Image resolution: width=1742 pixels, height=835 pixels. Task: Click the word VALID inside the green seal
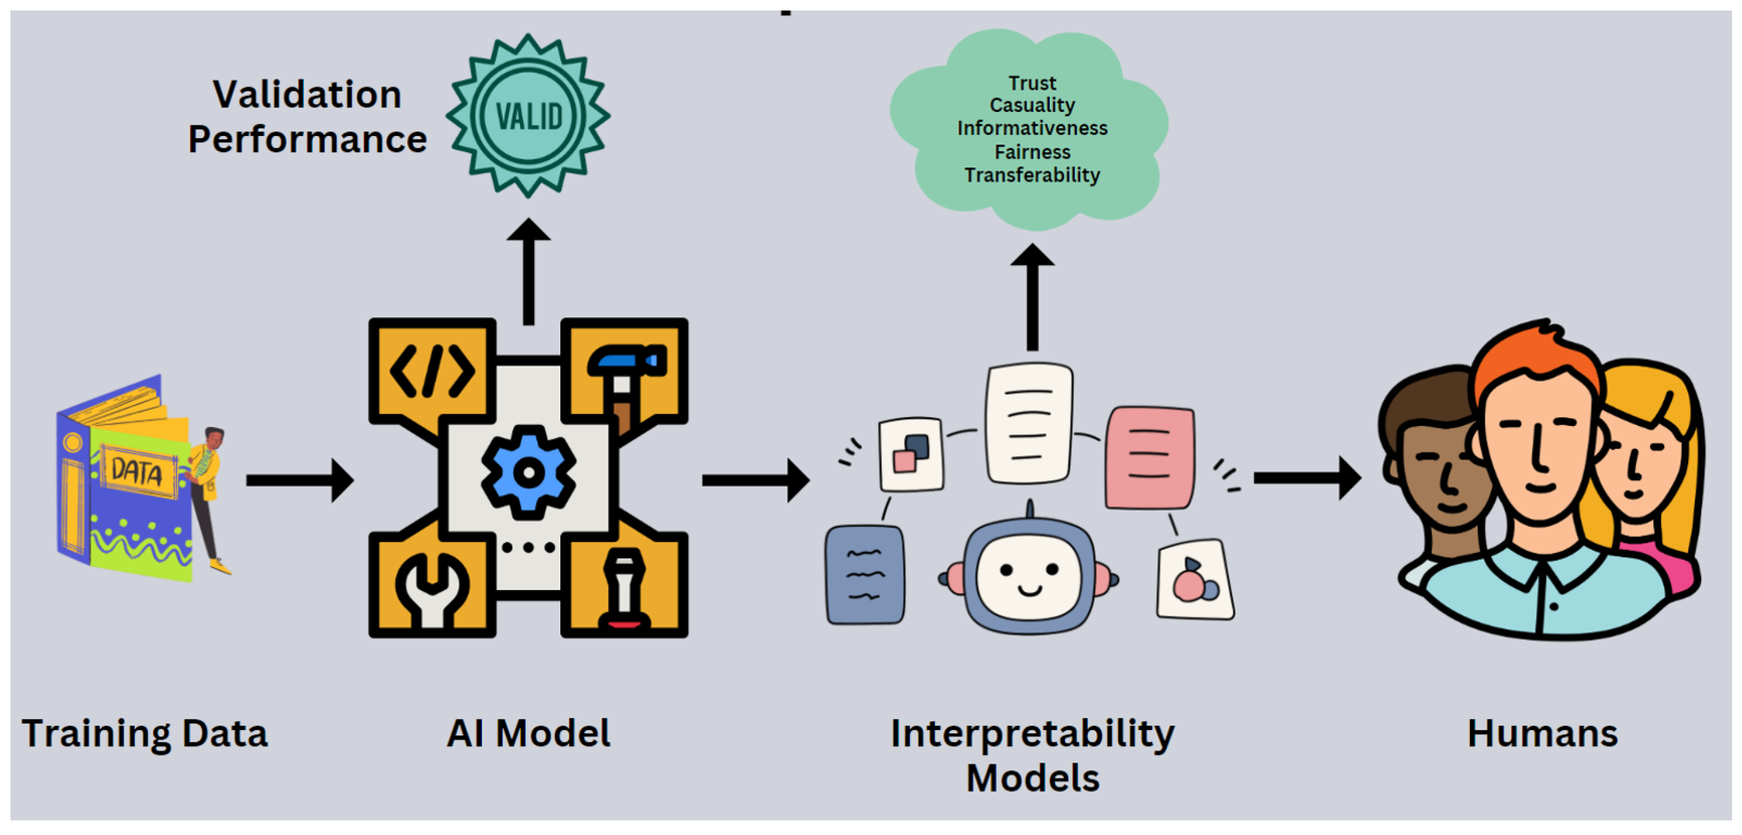coord(529,116)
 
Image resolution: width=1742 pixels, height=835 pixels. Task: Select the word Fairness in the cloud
coord(1032,152)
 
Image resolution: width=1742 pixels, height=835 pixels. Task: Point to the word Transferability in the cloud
coord(1032,175)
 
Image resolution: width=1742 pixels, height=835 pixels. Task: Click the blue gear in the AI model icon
coord(528,472)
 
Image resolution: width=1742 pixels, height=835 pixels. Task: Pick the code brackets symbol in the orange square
coord(431,371)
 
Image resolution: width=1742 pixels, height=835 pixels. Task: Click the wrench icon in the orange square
coord(431,587)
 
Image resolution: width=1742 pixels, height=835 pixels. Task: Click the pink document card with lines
coord(1150,457)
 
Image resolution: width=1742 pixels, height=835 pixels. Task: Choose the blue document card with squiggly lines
coord(865,575)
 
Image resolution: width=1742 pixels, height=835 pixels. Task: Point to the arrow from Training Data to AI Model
coord(299,480)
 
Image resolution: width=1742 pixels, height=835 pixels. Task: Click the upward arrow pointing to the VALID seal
coord(529,270)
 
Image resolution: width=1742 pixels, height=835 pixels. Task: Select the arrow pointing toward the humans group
coord(1307,478)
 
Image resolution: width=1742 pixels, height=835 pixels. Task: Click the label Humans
coord(1542,733)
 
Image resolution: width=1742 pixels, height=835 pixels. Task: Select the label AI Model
coord(528,733)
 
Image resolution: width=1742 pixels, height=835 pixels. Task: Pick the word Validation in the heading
coord(307,94)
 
